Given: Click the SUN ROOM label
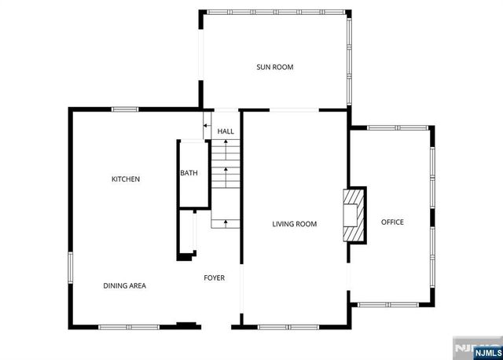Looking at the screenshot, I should coord(274,68).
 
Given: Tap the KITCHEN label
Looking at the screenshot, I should coord(126,179).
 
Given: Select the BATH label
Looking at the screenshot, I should coord(189,173).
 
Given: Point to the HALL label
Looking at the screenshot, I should coord(226,131).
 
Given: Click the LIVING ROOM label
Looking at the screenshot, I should coord(294,224).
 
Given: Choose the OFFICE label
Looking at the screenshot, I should coord(392,222).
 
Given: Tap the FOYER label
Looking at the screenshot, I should coord(214,277).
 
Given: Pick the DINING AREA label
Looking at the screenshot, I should coord(124,285).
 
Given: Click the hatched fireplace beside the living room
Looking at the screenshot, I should coord(356,215).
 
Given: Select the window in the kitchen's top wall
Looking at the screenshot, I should coord(125,109).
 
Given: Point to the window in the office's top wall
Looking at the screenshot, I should coord(398,127).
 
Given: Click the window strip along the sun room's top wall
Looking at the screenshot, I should coord(275,12).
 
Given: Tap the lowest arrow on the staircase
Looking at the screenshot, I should coord(226,223).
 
